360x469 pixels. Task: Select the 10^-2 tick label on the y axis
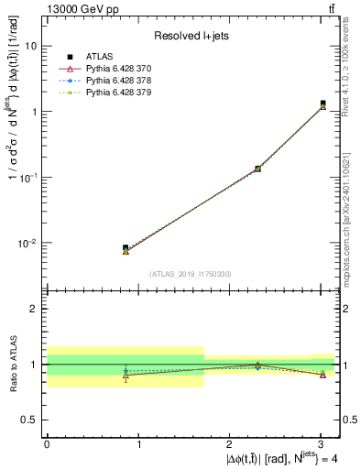point(27,244)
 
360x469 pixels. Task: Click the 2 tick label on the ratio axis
point(34,309)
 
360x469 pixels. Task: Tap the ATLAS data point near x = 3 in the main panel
point(322,104)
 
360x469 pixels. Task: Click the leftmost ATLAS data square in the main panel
point(125,248)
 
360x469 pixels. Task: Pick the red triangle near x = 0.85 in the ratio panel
point(125,375)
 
